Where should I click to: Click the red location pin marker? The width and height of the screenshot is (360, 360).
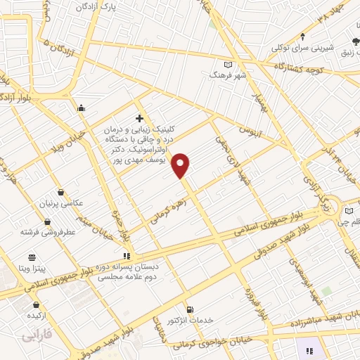tap(181, 165)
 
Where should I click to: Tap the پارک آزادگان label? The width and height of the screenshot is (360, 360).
tap(95, 6)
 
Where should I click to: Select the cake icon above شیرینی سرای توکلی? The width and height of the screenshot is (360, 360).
tap(302, 37)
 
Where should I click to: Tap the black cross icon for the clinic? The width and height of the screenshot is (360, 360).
tap(139, 118)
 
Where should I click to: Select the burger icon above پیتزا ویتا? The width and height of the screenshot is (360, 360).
tap(32, 257)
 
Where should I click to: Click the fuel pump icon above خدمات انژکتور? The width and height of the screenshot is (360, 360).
tap(189, 309)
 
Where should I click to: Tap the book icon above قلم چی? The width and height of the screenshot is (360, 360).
tap(349, 210)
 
